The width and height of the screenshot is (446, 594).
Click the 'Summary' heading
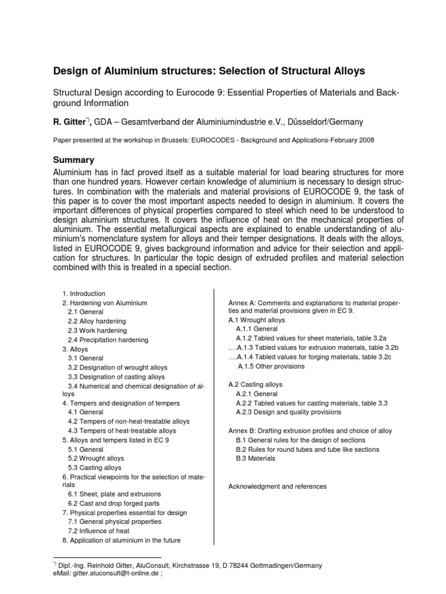[74, 159]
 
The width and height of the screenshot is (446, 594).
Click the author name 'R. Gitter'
[70, 121]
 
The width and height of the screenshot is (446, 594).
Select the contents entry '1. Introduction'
[84, 294]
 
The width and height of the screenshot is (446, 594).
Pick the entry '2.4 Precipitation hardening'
[107, 340]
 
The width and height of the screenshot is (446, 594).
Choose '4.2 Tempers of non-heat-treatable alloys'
[128, 422]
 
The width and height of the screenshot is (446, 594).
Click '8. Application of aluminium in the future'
[121, 540]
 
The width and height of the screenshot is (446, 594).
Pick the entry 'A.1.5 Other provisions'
[271, 367]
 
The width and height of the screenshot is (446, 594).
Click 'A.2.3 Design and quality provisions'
[289, 412]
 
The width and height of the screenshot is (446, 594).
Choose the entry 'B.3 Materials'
[256, 458]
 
